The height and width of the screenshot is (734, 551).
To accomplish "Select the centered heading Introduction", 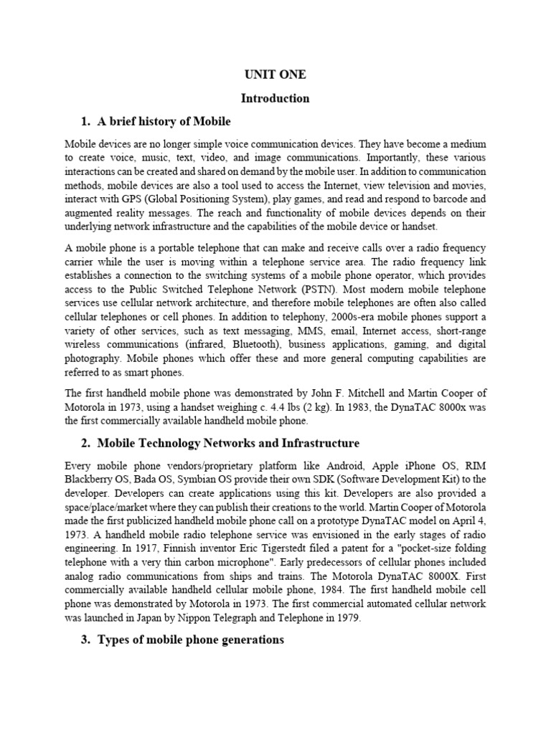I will coord(275,97).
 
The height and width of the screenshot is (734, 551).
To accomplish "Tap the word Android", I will coord(301,464).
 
